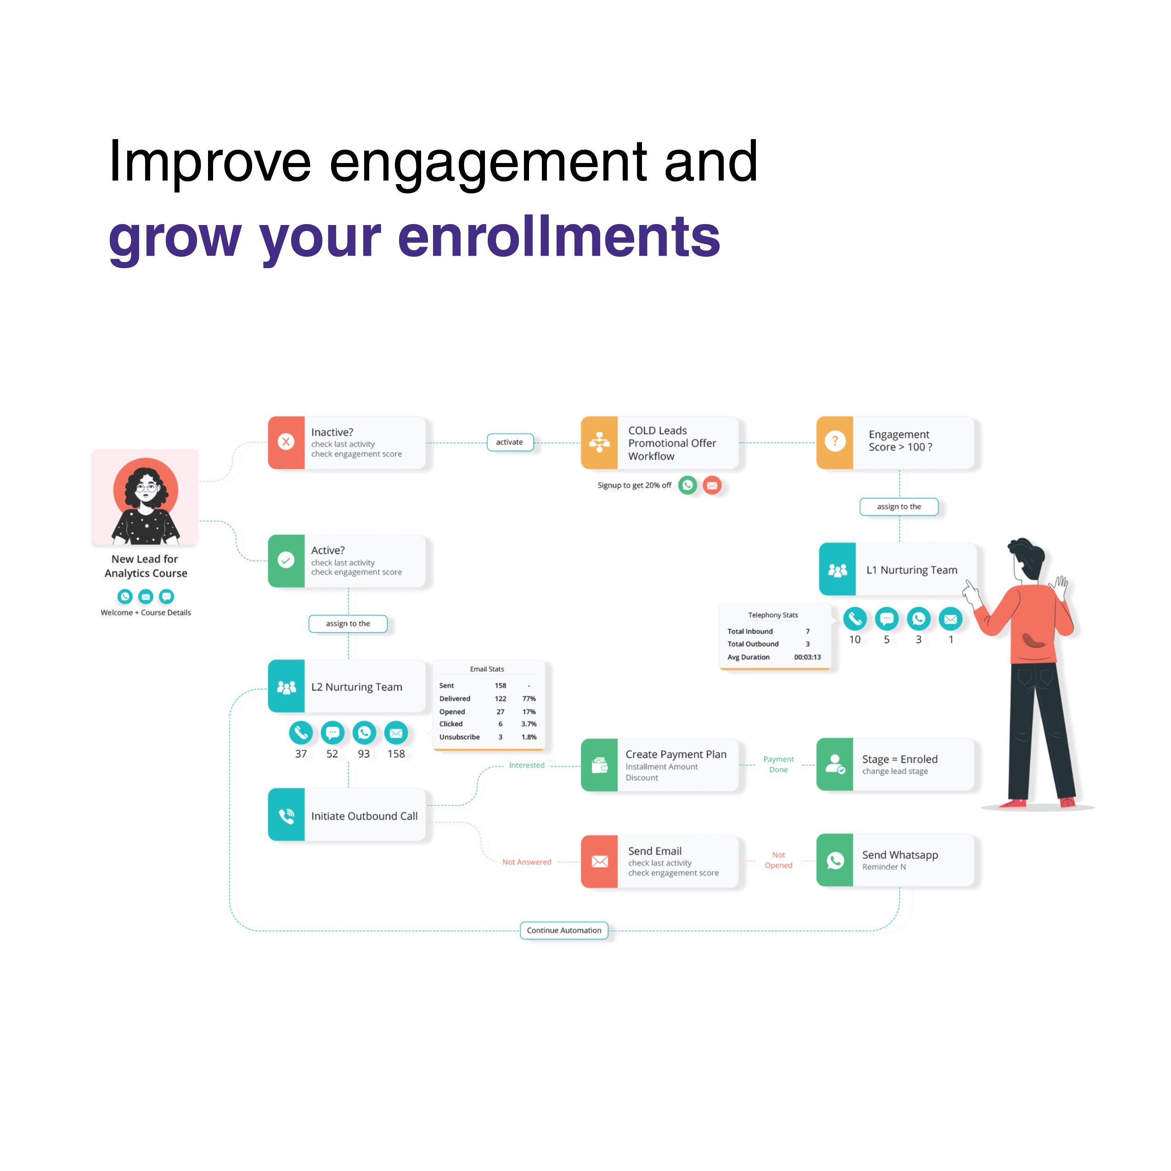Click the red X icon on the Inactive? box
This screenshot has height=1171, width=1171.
click(286, 442)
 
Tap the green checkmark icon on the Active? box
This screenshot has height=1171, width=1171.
click(286, 560)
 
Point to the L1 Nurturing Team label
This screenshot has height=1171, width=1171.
click(912, 570)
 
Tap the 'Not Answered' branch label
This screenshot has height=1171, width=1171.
click(527, 862)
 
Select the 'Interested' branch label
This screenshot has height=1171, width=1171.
click(527, 765)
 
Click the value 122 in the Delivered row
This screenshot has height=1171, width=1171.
click(500, 698)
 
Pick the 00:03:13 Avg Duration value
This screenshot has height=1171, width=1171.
click(807, 657)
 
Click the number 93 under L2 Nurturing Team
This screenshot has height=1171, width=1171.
click(364, 754)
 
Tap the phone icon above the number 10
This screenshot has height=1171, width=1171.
click(855, 619)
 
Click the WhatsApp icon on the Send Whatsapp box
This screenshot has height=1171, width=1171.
click(835, 861)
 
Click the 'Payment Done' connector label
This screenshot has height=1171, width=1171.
click(778, 764)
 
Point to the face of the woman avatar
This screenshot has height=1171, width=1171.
click(146, 488)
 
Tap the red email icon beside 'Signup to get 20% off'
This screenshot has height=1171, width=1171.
click(712, 485)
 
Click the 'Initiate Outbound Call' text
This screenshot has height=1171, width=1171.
click(364, 816)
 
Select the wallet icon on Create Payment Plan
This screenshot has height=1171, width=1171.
click(599, 765)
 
